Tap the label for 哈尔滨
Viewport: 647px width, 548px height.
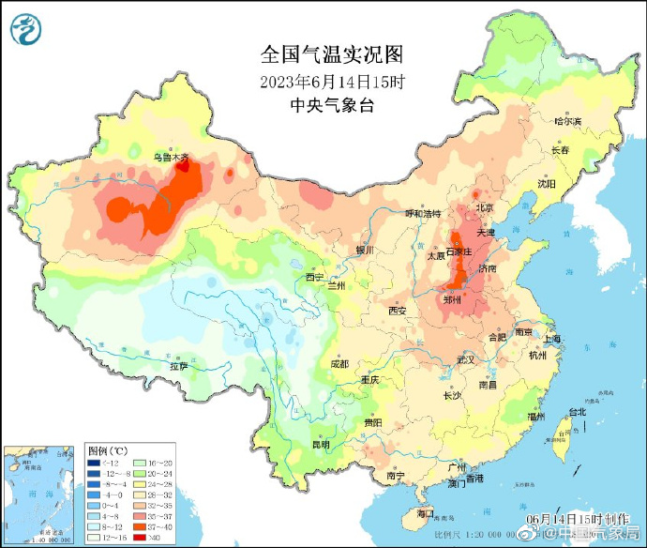tap(567, 122)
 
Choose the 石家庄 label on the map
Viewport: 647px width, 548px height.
tap(460, 251)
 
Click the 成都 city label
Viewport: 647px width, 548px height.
tap(339, 363)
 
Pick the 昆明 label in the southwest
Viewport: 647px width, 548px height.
tap(321, 444)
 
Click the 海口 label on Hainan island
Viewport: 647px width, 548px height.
tap(424, 513)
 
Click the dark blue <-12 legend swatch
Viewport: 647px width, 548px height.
tap(95, 463)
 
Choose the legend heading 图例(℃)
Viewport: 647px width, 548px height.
tap(104, 450)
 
